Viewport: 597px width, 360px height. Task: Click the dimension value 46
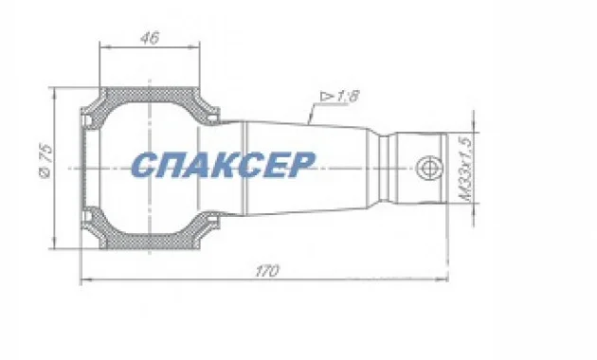click(148, 38)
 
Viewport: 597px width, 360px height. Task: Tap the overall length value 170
click(266, 271)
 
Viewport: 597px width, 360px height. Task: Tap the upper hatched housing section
click(148, 98)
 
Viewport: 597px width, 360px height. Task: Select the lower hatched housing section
click(148, 240)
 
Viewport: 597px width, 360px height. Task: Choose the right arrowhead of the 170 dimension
click(444, 279)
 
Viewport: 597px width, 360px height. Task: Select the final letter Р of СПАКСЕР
click(298, 165)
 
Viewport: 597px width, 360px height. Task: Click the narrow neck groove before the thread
click(388, 169)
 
